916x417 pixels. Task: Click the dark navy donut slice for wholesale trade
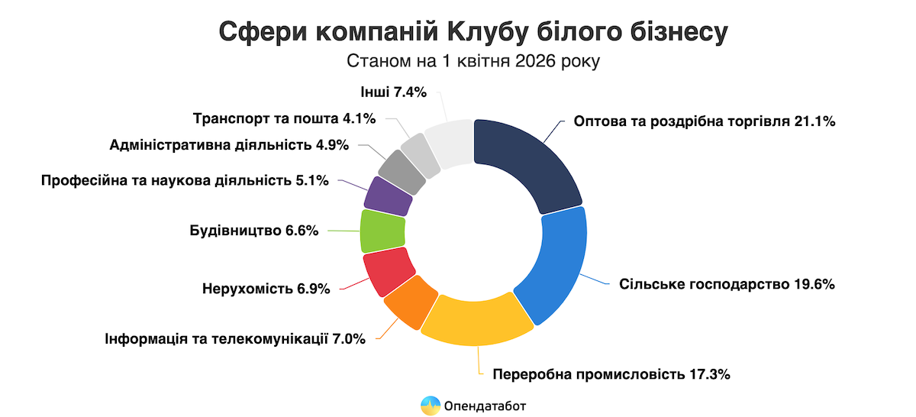[x=527, y=164]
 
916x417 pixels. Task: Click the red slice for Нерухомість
[x=385, y=272]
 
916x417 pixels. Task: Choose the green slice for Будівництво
[x=382, y=231]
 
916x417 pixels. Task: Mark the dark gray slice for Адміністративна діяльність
[x=401, y=170]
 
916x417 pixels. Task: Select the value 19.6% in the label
[x=813, y=284]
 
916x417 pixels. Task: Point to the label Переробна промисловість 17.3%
[x=612, y=374]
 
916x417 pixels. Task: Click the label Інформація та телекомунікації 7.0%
[x=236, y=338]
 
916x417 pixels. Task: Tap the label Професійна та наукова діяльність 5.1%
[x=185, y=181]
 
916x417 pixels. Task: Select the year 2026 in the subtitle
[x=540, y=61]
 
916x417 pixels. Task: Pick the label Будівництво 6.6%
[x=253, y=231]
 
